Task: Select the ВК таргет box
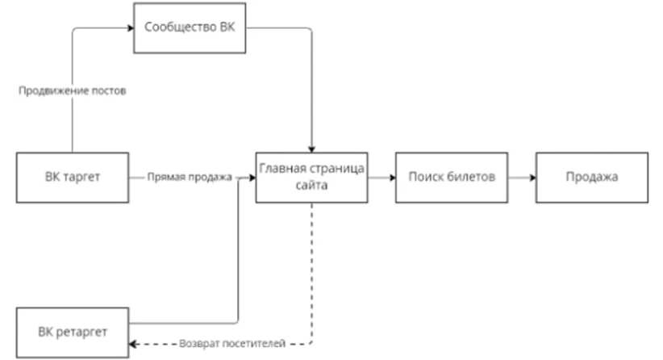point(73,176)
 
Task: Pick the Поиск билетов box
point(451,176)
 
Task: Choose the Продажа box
point(591,176)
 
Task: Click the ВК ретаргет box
point(73,330)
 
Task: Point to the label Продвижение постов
point(73,90)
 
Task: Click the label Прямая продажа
point(190,177)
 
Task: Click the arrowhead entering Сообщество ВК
point(130,28)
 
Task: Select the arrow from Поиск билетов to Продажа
point(521,176)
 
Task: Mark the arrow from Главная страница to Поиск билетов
point(381,176)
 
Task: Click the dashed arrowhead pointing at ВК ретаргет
point(134,345)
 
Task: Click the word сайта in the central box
point(311,185)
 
